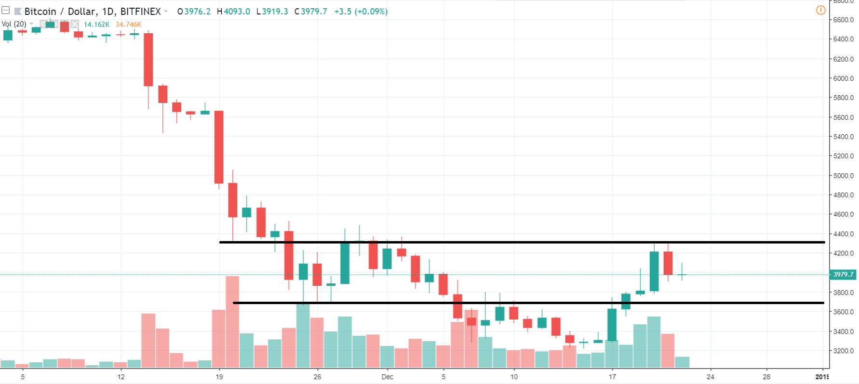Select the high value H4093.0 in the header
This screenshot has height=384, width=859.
pos(234,11)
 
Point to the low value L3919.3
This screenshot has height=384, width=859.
pos(272,11)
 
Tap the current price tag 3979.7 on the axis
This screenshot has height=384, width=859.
pos(843,274)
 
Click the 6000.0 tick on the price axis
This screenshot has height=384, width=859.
pos(843,78)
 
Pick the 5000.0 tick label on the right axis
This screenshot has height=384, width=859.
pos(843,176)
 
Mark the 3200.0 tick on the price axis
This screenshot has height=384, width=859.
pos(843,351)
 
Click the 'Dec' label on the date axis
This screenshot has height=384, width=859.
pos(387,377)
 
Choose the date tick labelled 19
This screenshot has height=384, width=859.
pos(219,377)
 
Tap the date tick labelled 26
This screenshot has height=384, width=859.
pos(317,377)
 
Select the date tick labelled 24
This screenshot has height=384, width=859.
pos(710,377)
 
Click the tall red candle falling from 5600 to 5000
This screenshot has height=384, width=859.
pos(219,147)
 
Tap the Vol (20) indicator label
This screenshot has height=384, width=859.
pos(14,24)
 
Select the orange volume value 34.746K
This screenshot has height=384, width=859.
pos(128,25)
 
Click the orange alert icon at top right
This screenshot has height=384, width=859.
pos(820,10)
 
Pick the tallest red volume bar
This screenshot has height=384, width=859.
pos(232,321)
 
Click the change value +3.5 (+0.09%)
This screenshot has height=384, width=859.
pos(361,11)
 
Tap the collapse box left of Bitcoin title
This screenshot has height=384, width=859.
pos(6,11)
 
